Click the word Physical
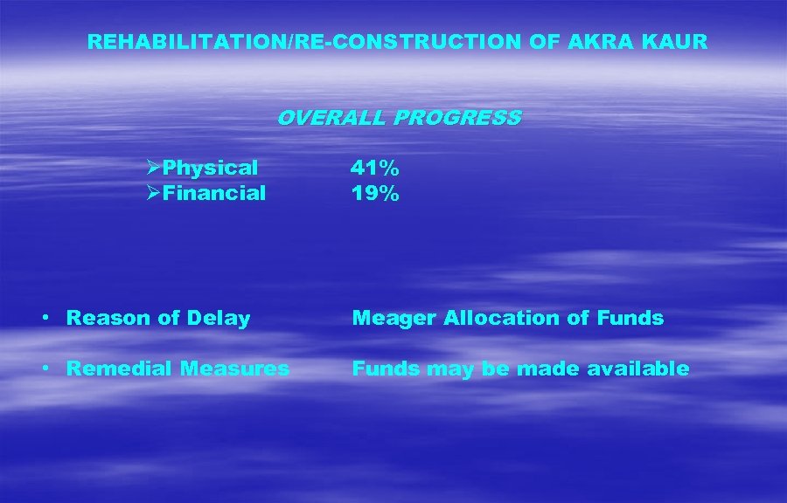pos(211,168)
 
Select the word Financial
pos(214,193)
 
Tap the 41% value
pos(375,168)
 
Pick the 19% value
pos(375,193)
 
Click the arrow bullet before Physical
pos(153,167)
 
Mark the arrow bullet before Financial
pos(153,192)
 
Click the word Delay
pos(223,319)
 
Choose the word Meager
pos(393,319)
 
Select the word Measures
pos(234,369)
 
